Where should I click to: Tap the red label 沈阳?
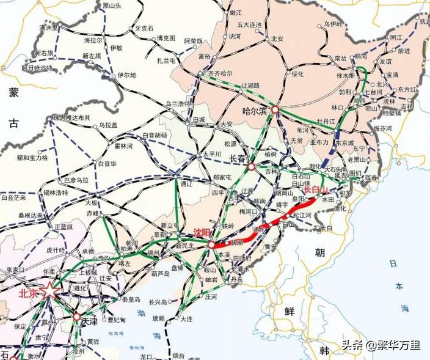(201, 233)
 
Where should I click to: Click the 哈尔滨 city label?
(255, 111)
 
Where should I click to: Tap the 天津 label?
(89, 320)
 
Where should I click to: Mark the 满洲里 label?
(47, 28)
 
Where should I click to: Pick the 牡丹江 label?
(324, 121)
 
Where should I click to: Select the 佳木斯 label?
(345, 76)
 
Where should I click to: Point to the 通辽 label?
(187, 183)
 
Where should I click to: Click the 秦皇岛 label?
(131, 299)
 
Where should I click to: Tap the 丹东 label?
(236, 279)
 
